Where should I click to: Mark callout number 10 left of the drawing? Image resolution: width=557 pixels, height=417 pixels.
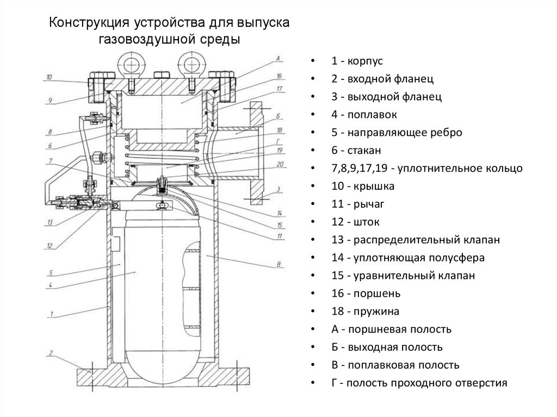pos(48,78)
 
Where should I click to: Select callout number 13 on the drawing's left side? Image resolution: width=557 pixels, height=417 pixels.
pos(49,222)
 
